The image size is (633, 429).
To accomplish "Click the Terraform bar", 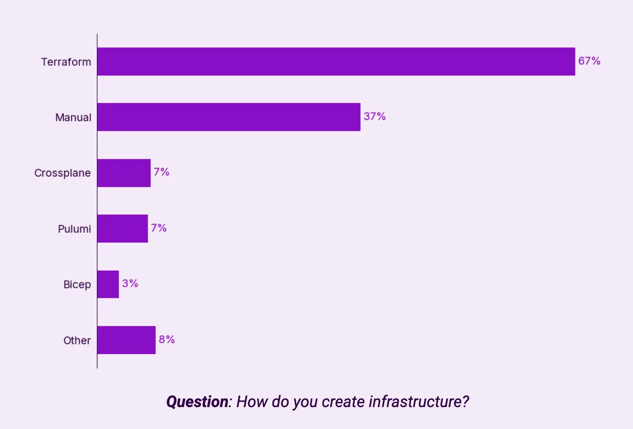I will tap(336, 62).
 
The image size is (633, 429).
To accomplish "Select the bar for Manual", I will tap(228, 117).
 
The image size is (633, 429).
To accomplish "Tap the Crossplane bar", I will tap(124, 173).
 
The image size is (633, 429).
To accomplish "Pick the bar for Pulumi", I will tap(122, 229).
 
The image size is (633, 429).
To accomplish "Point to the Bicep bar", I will tap(108, 284).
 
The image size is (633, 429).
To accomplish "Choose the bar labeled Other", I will tap(126, 340).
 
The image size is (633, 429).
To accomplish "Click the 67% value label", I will tap(589, 61).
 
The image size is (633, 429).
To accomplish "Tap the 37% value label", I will tap(375, 117).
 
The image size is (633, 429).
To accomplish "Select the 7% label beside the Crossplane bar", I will tap(161, 172).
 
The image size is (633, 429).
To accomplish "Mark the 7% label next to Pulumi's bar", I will tap(158, 228).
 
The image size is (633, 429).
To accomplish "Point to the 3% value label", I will tap(130, 284).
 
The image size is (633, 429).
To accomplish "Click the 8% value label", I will tap(167, 340).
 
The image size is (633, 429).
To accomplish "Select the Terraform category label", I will tap(66, 62).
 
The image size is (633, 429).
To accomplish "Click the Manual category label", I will tap(73, 118).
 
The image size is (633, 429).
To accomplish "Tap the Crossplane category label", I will tap(63, 173).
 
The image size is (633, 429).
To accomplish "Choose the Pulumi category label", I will tap(74, 229).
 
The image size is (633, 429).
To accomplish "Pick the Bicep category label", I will tap(77, 285).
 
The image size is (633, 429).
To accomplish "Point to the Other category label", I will tap(77, 340).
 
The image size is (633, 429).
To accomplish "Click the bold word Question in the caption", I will tap(197, 402).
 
